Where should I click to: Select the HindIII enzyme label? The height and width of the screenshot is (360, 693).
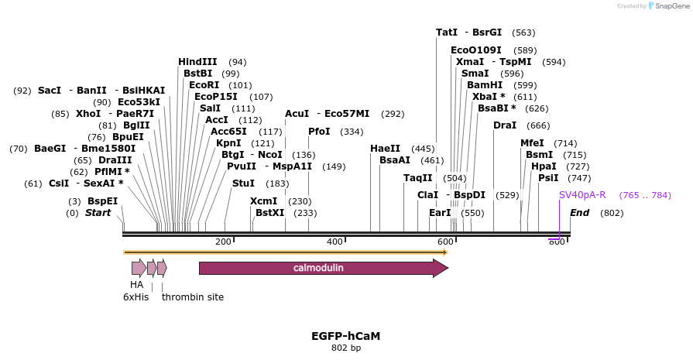(x=197, y=62)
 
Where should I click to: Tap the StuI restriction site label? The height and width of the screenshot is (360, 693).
(x=243, y=183)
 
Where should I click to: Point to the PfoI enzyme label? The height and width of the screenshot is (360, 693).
(x=319, y=132)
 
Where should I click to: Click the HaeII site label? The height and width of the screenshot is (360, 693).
(x=385, y=149)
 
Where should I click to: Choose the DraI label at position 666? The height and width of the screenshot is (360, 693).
(x=505, y=125)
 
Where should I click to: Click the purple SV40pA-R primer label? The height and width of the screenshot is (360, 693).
(x=582, y=195)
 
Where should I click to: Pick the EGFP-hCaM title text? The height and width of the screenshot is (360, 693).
(x=345, y=336)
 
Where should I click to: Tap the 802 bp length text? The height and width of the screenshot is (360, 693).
(x=345, y=348)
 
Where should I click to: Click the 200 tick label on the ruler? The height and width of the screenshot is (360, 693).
(x=224, y=242)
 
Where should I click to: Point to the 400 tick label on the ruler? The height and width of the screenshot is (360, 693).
(x=334, y=242)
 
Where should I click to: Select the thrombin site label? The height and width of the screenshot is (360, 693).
(x=193, y=297)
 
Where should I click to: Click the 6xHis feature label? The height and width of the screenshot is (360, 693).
(x=136, y=297)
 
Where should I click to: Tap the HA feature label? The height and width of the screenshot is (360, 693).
(x=136, y=285)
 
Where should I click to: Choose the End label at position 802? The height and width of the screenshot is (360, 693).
(x=580, y=213)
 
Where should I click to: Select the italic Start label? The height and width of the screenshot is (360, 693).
(x=98, y=213)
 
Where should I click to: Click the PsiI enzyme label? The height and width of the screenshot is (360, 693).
(x=548, y=178)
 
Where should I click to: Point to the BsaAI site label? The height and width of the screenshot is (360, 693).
(x=395, y=160)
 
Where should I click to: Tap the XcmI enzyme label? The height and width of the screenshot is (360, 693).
(x=263, y=201)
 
